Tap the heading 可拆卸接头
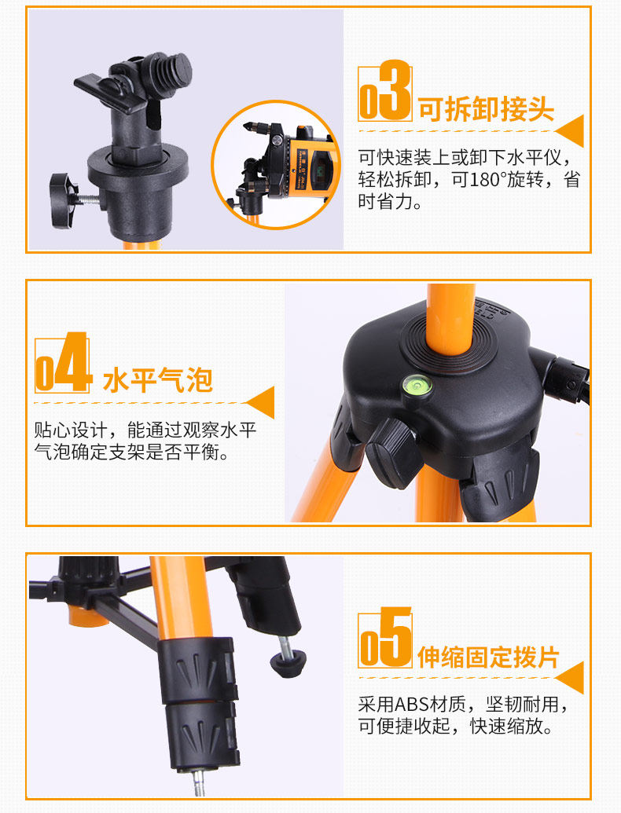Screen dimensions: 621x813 [486, 108]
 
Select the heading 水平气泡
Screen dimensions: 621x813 [158, 380]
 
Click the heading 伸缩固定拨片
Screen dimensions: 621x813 [488, 657]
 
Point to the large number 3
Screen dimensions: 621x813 [395, 90]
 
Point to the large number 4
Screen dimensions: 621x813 [74, 362]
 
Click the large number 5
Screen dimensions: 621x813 [395, 637]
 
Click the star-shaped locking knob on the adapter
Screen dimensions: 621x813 [65, 200]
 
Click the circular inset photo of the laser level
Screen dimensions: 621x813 [276, 164]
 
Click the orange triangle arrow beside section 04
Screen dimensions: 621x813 [259, 402]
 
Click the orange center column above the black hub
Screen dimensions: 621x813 [450, 318]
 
